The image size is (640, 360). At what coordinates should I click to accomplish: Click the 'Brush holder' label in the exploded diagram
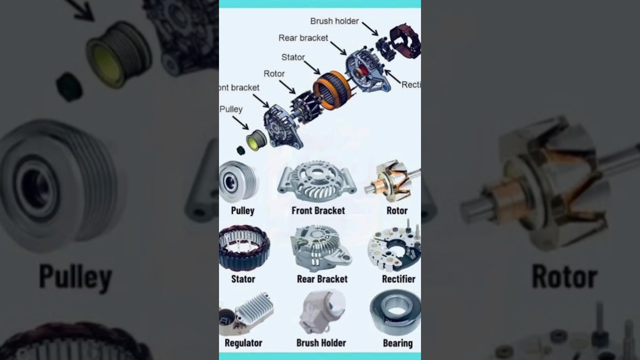(x=334, y=21)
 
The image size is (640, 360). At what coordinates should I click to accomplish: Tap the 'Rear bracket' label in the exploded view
(x=303, y=38)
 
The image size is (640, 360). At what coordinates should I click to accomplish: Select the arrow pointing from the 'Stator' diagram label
(x=312, y=67)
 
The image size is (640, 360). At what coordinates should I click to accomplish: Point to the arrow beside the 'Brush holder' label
(x=370, y=28)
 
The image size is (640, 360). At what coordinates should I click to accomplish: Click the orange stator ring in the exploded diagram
(x=332, y=90)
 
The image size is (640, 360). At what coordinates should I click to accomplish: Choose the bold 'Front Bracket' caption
(x=318, y=210)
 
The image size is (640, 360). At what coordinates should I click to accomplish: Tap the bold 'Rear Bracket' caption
(x=322, y=279)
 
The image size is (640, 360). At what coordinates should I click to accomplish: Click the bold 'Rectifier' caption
(x=398, y=279)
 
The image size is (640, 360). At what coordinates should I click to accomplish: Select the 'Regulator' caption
(x=243, y=343)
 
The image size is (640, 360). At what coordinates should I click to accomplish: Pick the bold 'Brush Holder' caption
(x=321, y=343)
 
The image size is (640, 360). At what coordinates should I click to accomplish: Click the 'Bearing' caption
(x=397, y=343)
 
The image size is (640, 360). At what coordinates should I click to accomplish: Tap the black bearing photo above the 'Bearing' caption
(x=395, y=311)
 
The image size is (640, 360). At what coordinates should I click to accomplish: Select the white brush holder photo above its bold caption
(x=321, y=311)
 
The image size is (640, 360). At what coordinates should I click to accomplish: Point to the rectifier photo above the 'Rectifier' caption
(x=395, y=248)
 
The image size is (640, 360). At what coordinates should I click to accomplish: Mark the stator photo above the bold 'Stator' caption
(x=244, y=248)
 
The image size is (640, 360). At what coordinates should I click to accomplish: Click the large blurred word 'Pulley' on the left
(x=75, y=277)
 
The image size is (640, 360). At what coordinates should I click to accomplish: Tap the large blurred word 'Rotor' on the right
(x=564, y=276)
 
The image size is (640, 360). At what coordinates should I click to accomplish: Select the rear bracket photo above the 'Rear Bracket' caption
(x=321, y=248)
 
